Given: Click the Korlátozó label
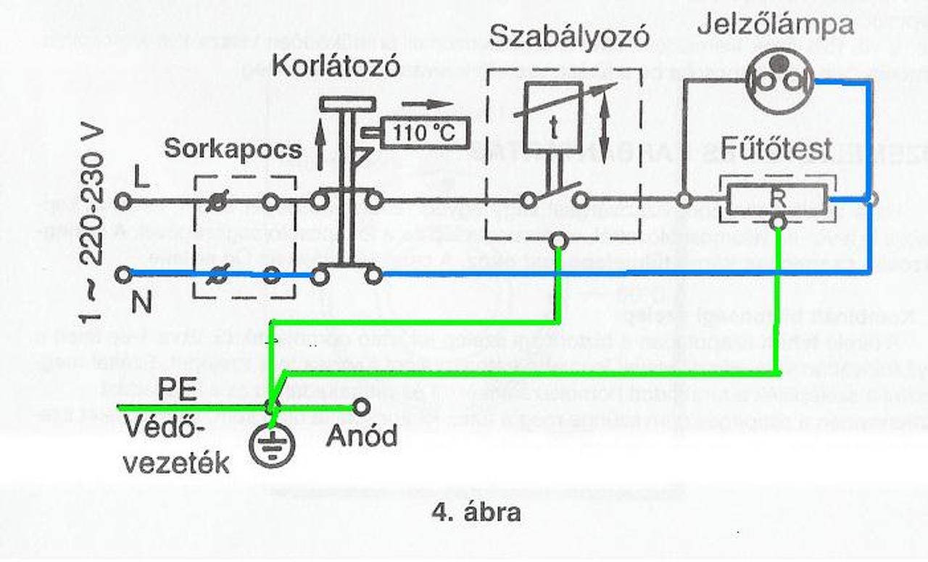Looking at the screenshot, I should [336, 67].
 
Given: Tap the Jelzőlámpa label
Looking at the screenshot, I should [775, 25].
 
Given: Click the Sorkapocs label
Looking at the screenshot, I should [232, 149].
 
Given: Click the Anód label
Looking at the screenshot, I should [362, 436].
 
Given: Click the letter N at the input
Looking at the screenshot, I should [142, 302].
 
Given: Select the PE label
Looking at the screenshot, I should [177, 390].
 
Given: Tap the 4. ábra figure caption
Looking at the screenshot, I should [476, 513].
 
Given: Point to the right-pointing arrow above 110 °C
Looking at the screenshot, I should [427, 103].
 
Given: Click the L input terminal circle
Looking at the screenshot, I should [124, 201].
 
